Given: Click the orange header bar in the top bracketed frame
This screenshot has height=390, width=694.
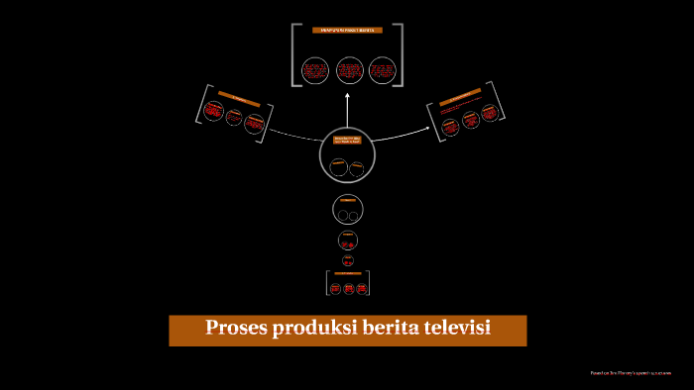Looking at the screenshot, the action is click(347, 32).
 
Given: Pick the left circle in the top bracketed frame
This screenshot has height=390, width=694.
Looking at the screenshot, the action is click(315, 70).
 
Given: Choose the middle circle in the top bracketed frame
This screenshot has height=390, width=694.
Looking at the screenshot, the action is click(348, 70).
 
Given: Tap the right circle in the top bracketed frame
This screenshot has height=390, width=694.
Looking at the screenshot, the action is click(381, 70).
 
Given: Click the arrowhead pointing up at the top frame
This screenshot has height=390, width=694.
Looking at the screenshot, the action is click(347, 95).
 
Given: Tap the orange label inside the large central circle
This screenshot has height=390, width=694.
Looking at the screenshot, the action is click(347, 141).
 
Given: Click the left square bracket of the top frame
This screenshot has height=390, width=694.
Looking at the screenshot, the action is click(294, 54).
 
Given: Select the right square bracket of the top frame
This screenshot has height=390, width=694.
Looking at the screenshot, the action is click(401, 54).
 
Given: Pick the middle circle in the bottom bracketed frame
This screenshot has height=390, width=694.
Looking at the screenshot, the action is click(348, 288).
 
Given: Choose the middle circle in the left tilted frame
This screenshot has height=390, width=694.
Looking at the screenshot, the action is click(234, 118).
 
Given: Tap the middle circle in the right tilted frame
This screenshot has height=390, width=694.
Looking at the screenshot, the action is click(470, 120).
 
